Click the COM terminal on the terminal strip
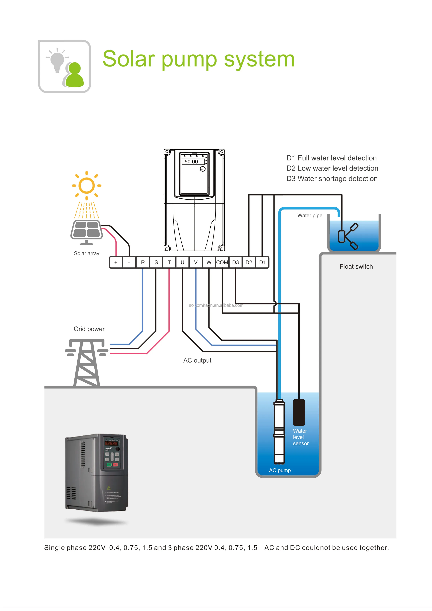coord(222,262)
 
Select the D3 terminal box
coord(235,262)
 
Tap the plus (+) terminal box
coord(116,262)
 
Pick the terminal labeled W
coord(209,262)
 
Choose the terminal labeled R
coord(143,262)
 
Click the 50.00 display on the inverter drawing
coord(191,161)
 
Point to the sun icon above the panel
coord(87,185)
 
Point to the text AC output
coord(197,360)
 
